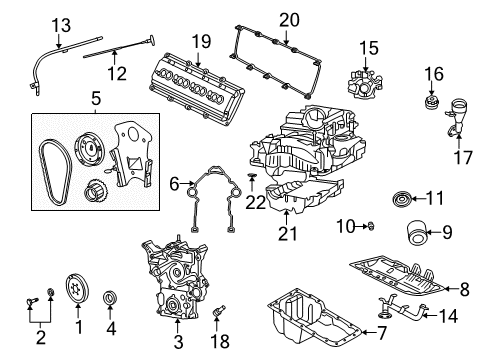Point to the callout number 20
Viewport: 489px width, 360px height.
click(x=289, y=19)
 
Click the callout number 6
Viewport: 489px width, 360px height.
click(x=174, y=183)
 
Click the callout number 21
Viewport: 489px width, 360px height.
click(x=289, y=234)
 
